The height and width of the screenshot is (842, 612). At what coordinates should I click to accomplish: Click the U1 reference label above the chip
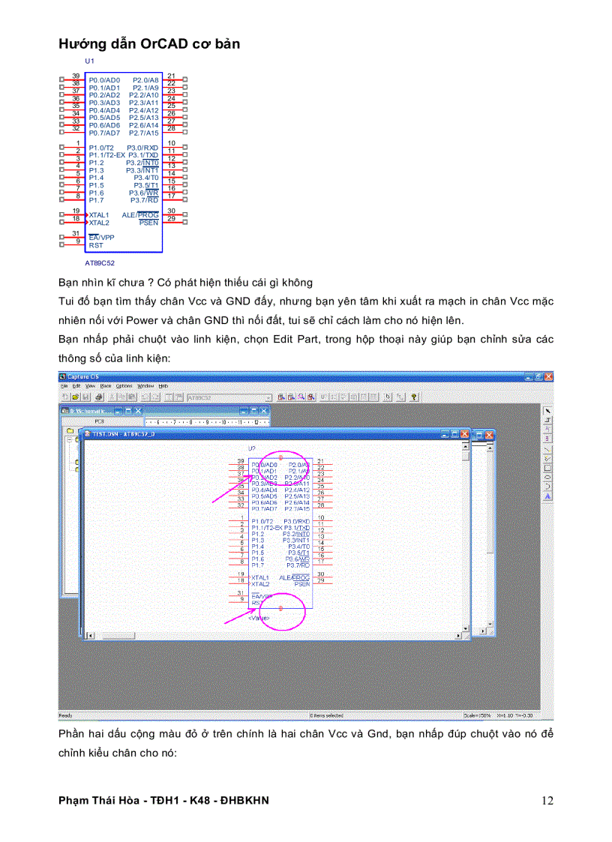click(x=89, y=60)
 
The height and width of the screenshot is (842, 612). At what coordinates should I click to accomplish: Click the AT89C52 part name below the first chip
click(x=100, y=263)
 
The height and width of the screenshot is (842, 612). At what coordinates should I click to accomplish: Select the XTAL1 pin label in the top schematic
click(x=99, y=215)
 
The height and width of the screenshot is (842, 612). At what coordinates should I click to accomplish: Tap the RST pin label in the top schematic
click(x=96, y=245)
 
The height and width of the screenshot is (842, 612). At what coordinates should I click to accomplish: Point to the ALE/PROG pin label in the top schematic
click(x=140, y=215)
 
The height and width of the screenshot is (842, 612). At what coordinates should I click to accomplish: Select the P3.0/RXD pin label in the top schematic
click(x=142, y=148)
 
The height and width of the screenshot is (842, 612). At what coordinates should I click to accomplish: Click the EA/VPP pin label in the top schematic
click(x=101, y=238)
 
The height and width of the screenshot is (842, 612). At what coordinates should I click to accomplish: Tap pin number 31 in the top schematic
click(x=76, y=234)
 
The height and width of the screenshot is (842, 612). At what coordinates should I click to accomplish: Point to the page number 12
click(x=547, y=801)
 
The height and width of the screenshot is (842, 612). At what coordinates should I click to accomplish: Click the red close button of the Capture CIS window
click(x=548, y=376)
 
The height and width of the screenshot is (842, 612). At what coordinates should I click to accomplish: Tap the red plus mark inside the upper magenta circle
click(x=280, y=457)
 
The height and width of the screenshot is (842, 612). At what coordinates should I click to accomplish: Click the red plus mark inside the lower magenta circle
click(x=280, y=608)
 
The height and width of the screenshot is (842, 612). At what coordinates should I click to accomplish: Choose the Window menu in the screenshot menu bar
click(x=145, y=385)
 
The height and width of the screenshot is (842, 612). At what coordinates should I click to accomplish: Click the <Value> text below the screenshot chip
click(x=259, y=618)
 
